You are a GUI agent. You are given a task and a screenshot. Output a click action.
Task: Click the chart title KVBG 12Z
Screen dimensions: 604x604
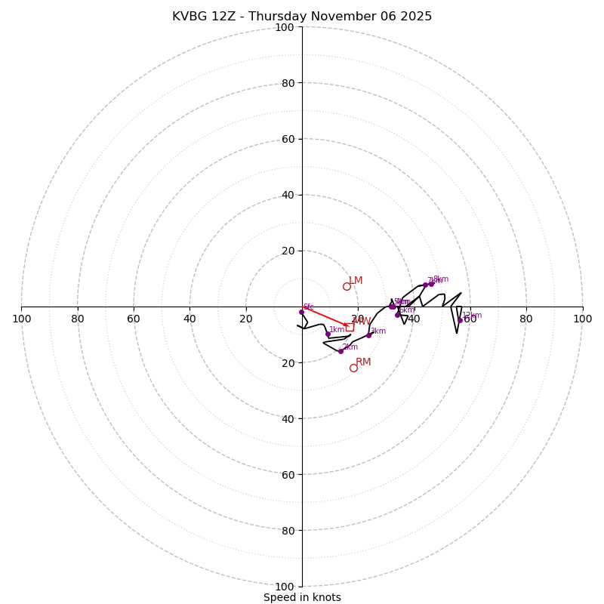coord(302,17)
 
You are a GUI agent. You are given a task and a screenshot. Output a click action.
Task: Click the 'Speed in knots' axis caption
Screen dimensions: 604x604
coord(302,597)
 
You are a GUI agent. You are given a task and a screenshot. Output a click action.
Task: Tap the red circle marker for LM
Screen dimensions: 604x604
coord(347,286)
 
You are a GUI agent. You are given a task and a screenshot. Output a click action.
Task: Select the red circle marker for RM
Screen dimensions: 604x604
coord(353,368)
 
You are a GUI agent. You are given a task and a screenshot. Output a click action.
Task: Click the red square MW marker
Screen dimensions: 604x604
coord(350,327)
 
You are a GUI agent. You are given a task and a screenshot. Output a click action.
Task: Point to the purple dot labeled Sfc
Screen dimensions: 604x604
coord(301,312)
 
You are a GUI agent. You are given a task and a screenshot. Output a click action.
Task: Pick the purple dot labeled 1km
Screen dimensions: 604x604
coord(328,334)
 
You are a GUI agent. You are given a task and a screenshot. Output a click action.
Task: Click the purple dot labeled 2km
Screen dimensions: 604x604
coord(341,351)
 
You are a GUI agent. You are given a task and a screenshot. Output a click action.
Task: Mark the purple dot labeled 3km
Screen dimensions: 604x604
coord(368,335)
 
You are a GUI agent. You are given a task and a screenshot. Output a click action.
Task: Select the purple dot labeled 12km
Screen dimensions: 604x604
coord(460,320)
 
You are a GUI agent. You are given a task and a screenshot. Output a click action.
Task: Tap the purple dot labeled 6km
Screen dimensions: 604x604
coord(397,315)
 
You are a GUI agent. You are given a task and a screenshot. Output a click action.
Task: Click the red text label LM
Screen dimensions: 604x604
coord(356,281)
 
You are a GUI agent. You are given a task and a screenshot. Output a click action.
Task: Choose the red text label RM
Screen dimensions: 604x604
coord(363,362)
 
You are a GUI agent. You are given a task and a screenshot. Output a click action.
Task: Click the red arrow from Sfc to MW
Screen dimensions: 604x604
coord(325,319)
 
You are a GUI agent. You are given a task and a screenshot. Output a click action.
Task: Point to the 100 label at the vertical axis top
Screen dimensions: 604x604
coord(285,27)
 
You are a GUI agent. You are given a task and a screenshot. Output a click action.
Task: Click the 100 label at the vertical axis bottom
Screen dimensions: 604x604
coord(285,587)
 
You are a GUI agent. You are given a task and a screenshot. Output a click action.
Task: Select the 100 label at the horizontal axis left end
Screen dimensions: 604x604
coord(21,319)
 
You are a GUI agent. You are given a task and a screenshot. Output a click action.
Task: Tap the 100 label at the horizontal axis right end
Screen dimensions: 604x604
coord(582,319)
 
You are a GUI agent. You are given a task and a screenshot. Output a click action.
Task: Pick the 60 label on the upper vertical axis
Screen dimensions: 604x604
coord(288,139)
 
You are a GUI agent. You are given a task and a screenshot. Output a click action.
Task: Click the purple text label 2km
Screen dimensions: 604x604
coord(350,347)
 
